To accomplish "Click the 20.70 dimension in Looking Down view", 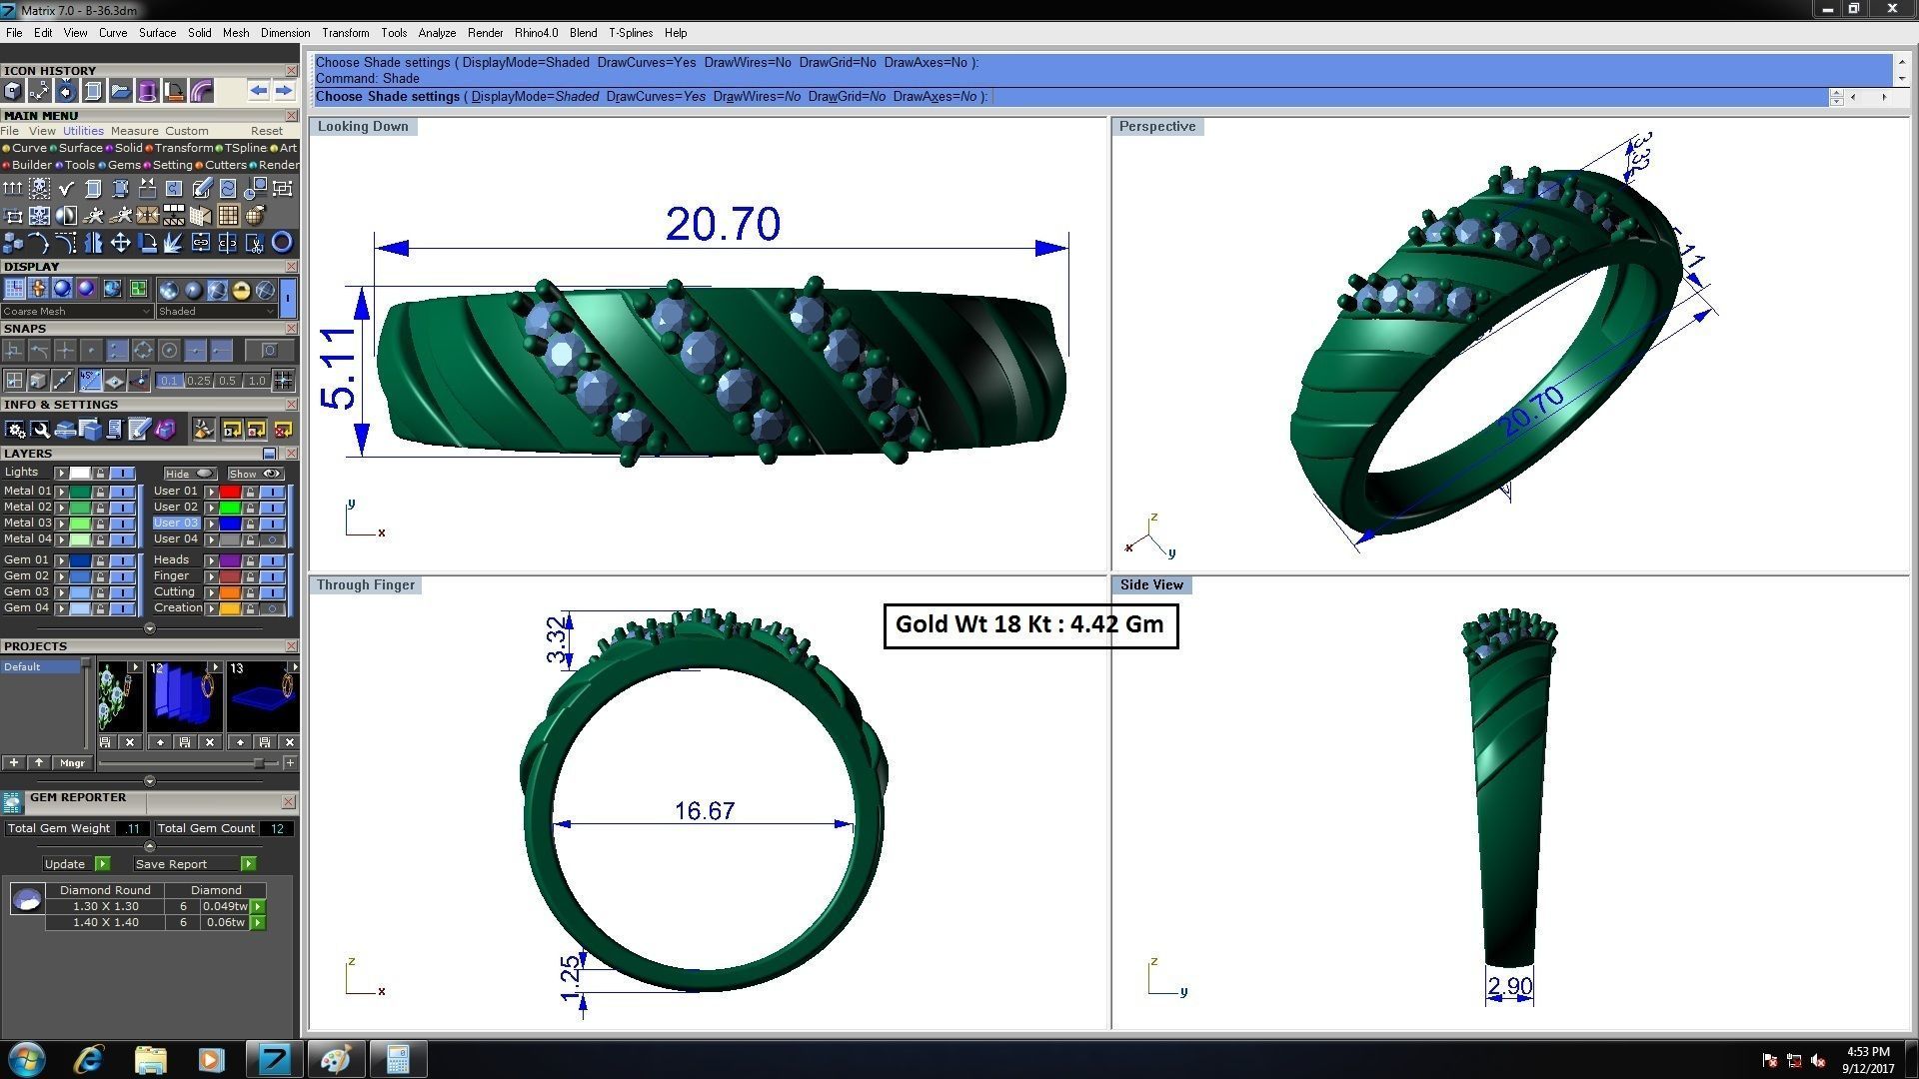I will (x=723, y=225).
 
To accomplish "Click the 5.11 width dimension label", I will (x=338, y=369).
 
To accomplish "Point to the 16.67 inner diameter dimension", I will (x=705, y=810).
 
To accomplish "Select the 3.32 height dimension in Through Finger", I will (x=558, y=640).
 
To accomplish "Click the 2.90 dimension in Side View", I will (x=1509, y=987).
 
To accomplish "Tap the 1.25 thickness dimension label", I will (x=570, y=978).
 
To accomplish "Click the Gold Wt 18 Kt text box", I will (x=1030, y=625).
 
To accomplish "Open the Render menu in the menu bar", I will (x=485, y=33).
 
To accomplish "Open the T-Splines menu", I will (x=630, y=33).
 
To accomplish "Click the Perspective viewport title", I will (x=1156, y=127).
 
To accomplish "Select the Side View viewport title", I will (x=1150, y=585).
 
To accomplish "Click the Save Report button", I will (x=171, y=864).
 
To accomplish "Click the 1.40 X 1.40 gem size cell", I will (x=105, y=923).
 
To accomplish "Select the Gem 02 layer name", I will (x=26, y=576).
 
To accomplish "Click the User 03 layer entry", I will (x=176, y=524).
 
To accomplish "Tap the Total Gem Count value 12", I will (x=277, y=829).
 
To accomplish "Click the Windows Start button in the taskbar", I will (x=27, y=1059).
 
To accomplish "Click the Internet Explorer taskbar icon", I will (x=89, y=1059).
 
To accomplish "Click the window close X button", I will (x=1891, y=9).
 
